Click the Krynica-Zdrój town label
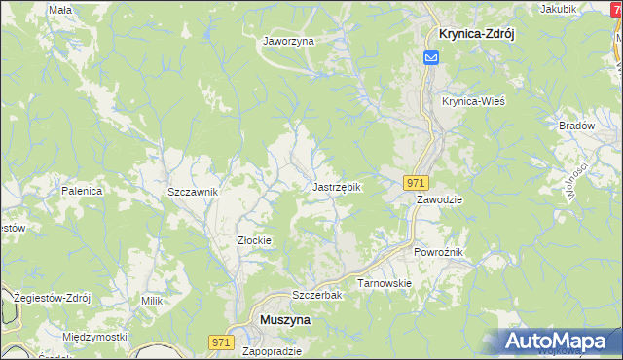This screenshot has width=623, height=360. pos(469,32)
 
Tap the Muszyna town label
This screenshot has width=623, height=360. pos(283,318)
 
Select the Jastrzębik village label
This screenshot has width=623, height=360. pos(337,186)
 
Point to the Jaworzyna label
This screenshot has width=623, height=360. pos(288,42)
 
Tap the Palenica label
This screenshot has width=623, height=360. pos(82,191)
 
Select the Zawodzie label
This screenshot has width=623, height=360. pos(440,198)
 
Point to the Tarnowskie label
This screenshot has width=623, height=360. pos(385,283)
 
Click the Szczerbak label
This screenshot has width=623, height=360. pos(314,295)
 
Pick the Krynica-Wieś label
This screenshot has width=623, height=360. pos(473,101)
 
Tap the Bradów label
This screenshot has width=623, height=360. pos(576,126)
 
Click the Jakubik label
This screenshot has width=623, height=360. pos(558,9)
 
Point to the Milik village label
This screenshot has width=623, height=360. pos(151,302)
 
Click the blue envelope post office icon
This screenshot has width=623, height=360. pos(431,57)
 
